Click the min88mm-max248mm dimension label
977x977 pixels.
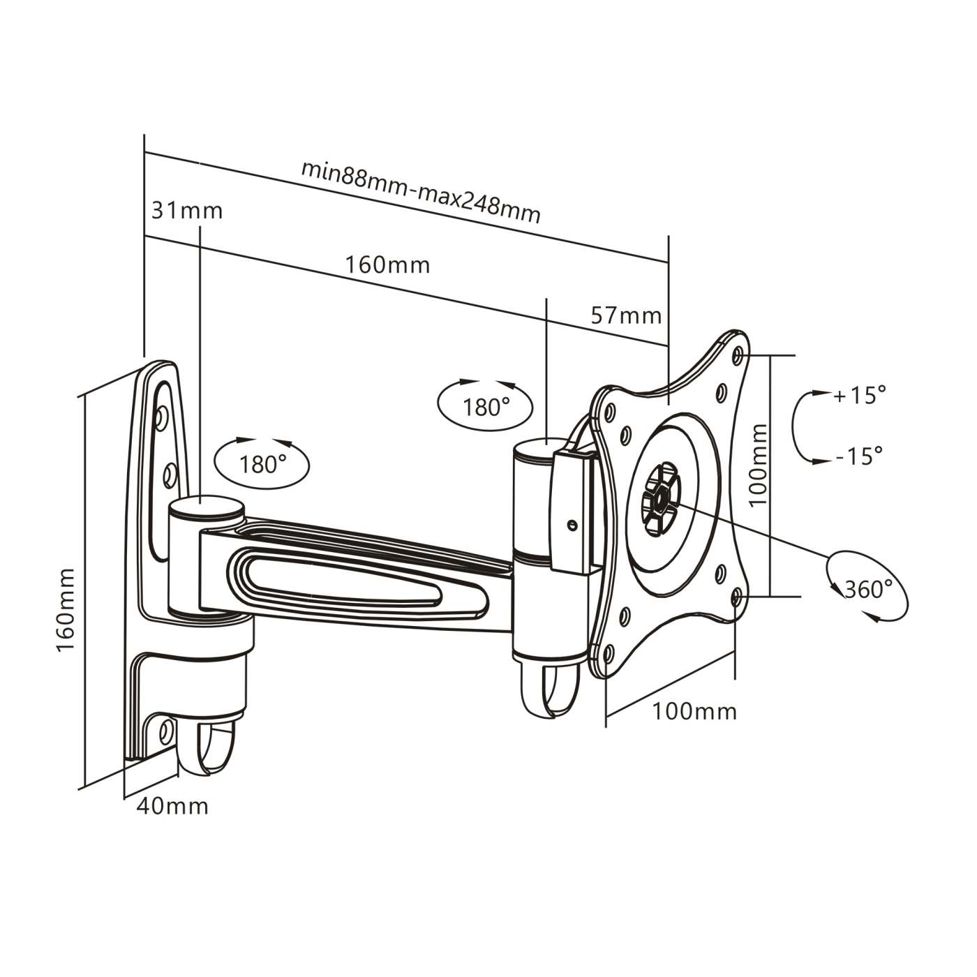click(420, 191)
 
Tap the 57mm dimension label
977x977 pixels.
click(625, 315)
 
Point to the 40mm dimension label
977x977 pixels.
click(172, 806)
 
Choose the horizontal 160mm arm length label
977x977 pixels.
click(387, 265)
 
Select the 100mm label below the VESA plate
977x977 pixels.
click(694, 711)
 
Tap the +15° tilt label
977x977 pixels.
click(859, 396)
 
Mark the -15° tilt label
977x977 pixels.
click(859, 456)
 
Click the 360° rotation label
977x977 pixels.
click(868, 589)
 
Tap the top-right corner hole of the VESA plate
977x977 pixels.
click(738, 355)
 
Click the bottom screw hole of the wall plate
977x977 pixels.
click(166, 731)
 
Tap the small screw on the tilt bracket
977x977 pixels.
click(572, 523)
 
